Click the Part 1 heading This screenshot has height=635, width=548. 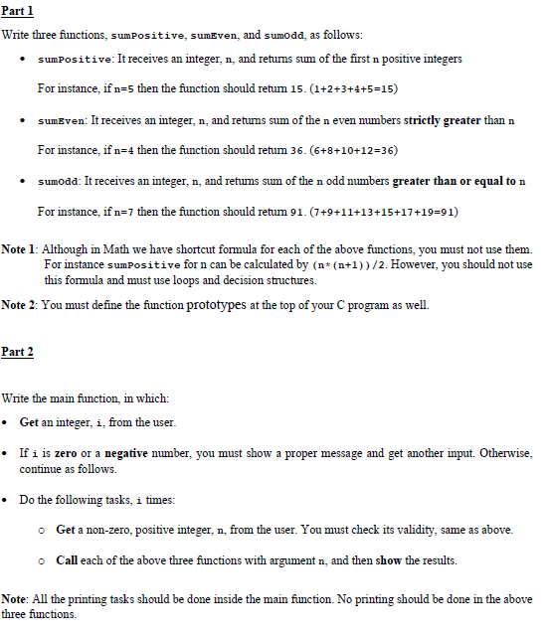[x=19, y=11]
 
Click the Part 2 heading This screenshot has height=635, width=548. [x=19, y=352]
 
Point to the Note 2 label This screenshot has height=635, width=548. [x=21, y=304]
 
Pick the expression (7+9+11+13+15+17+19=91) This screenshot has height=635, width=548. [x=384, y=212]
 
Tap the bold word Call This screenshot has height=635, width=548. [x=68, y=560]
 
